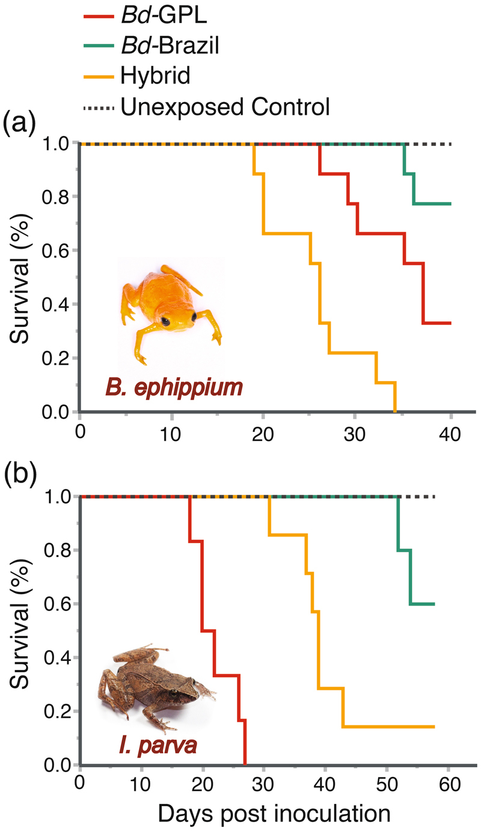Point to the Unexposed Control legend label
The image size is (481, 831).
coord(225,108)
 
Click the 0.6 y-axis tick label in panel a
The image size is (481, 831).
coord(55,251)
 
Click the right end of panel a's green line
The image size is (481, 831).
coord(450,204)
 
